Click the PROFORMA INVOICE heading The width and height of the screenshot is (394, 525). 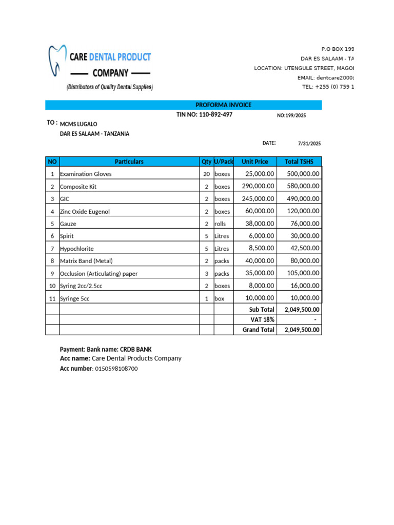coord(223,105)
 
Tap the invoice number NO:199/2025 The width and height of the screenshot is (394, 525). coord(291,116)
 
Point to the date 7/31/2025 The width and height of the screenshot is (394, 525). coord(309,144)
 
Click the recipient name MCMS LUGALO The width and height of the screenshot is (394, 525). coord(78,124)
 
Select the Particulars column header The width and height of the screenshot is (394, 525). coord(129,161)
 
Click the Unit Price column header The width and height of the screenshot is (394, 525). coord(254,161)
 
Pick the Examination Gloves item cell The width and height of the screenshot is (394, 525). coord(86,174)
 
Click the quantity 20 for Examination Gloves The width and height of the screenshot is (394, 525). coord(206,174)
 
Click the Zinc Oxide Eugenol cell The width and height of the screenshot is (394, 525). coord(85,211)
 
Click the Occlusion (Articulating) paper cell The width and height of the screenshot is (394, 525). coord(98,273)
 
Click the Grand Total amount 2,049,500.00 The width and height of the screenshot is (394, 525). coord(300,330)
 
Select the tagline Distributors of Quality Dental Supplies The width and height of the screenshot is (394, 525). coord(109,87)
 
